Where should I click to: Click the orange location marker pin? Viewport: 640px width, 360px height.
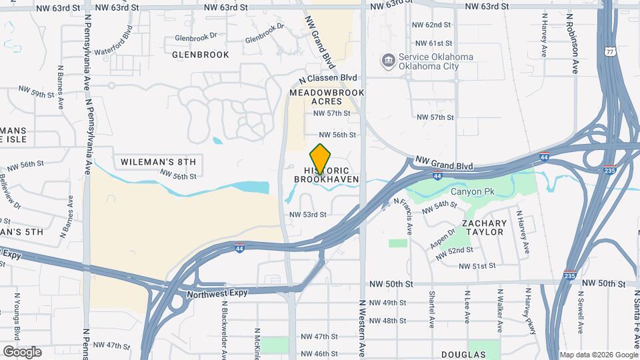pos(321,158)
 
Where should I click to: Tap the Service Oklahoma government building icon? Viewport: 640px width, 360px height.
pos(388,62)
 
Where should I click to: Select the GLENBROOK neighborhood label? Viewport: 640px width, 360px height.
pos(201,55)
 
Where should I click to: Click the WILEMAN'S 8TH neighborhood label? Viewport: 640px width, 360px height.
pos(159,162)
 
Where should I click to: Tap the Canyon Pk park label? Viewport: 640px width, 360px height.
pos(472,192)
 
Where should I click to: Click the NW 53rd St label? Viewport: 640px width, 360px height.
pos(308,215)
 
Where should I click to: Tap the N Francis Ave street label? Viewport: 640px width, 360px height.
pos(402,215)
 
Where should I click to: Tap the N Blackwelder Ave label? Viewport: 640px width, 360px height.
pos(225,327)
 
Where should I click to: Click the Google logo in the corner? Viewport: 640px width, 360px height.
pos(22,351)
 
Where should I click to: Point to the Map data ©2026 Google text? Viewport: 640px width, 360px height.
pos(598,355)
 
